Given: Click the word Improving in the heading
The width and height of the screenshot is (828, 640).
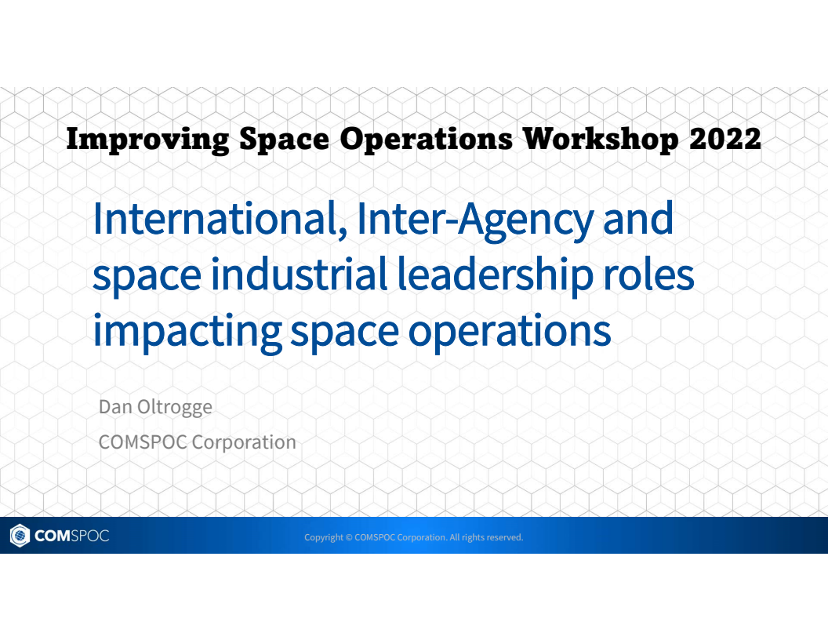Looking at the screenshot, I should click(x=147, y=140).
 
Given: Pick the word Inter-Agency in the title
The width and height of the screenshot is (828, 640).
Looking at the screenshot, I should click(x=475, y=220).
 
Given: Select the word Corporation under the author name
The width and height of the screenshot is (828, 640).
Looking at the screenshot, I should click(x=244, y=442).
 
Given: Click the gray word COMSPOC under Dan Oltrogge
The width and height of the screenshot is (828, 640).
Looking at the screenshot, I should click(x=143, y=442).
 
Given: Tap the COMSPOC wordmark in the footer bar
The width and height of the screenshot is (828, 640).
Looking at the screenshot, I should click(x=71, y=536).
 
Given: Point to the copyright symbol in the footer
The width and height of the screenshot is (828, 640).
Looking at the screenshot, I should click(x=349, y=537).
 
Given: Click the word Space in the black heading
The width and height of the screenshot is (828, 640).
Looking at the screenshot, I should click(x=285, y=140).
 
